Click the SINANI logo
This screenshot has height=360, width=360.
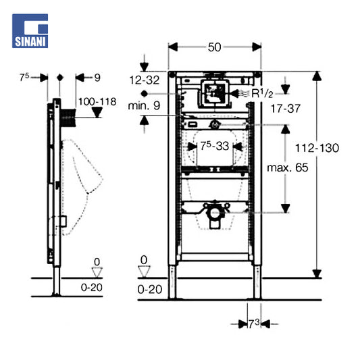click(x=30, y=31)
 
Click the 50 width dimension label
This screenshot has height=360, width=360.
click(x=214, y=47)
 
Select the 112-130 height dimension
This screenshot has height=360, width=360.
click(x=317, y=148)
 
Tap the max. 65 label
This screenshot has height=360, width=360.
click(x=288, y=168)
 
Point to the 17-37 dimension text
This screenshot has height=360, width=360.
click(x=286, y=109)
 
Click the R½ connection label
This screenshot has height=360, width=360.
click(x=263, y=93)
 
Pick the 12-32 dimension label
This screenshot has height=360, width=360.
click(x=145, y=80)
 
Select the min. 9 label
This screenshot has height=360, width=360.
click(x=144, y=106)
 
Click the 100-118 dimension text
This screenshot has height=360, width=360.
click(x=97, y=102)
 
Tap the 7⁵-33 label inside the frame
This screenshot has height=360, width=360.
click(x=215, y=147)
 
